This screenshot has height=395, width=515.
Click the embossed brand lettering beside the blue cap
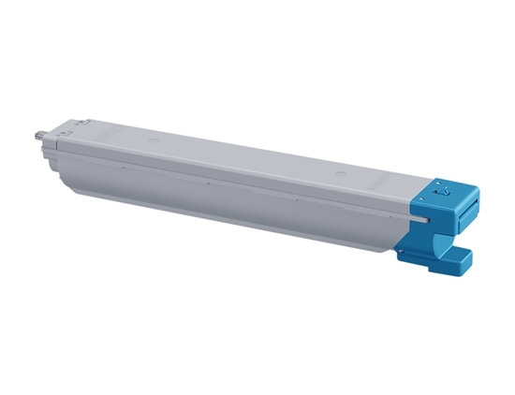398,179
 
